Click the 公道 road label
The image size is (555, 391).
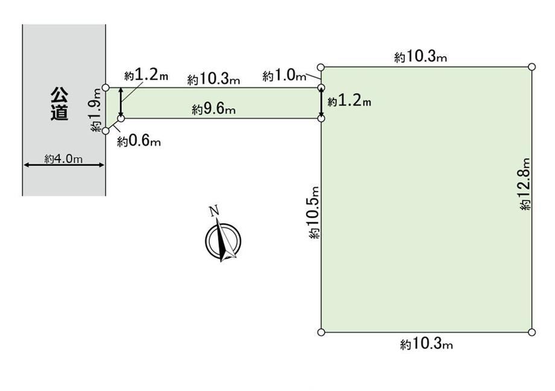(59, 104)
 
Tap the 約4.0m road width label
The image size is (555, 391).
(63, 159)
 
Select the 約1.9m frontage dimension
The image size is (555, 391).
(97, 111)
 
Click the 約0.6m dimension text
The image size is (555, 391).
(139, 142)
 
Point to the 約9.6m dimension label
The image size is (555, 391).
(214, 109)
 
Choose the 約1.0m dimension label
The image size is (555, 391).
(284, 75)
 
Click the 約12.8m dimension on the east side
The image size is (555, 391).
(525, 184)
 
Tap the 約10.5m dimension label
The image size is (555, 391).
(314, 213)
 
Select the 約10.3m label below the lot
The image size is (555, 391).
(427, 343)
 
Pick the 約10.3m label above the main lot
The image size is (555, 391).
(420, 57)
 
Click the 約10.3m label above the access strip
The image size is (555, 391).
(214, 79)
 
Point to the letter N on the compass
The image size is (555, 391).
(214, 211)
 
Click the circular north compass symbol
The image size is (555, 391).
(223, 241)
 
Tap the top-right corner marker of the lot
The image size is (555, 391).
(531, 67)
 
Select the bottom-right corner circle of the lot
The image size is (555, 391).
(531, 332)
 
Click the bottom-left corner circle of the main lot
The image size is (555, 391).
(321, 332)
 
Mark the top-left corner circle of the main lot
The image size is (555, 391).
(321, 67)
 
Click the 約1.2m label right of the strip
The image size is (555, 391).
(349, 102)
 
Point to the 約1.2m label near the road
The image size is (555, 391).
(146, 75)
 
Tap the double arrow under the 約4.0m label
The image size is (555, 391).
(64, 164)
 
